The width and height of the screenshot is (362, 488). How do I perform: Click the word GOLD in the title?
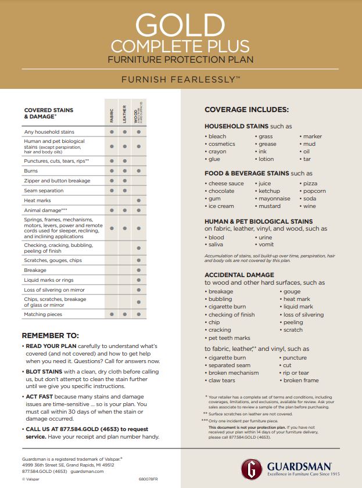[180, 24]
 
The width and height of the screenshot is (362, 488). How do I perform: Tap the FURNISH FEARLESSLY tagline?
[180, 78]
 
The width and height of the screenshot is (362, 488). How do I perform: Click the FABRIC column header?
[112, 114]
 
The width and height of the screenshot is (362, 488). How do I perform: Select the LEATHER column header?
[124, 113]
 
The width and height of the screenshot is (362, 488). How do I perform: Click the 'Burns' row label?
[31, 171]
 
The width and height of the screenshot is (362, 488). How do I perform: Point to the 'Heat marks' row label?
[37, 200]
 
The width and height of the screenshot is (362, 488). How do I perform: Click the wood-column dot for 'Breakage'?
[138, 270]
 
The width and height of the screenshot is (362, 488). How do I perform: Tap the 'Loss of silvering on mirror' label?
[54, 289]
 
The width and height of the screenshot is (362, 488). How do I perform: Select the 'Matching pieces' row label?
[43, 314]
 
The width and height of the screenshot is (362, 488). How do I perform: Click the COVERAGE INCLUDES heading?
[246, 110]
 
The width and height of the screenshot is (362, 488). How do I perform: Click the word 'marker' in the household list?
[312, 137]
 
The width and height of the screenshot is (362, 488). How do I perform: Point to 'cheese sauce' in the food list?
[226, 184]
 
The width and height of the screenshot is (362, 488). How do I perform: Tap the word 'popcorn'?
[314, 191]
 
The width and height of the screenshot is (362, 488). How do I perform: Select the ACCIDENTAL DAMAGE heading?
[239, 275]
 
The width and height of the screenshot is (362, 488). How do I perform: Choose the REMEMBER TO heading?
[50, 335]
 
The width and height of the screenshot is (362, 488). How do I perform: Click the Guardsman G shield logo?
[252, 468]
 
